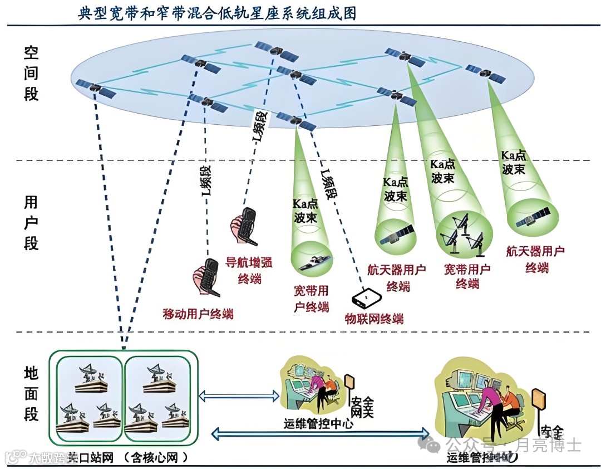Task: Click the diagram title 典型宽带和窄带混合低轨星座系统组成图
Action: coord(217,12)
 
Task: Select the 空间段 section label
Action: coord(31,73)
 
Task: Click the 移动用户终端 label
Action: coord(198,314)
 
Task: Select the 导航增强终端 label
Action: coord(248,270)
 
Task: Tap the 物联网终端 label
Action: coord(373,319)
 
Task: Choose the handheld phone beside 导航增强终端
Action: coord(243,226)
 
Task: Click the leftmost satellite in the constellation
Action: coord(95,89)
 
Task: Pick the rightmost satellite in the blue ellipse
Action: coord(485,73)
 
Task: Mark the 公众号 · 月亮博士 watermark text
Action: coord(512,445)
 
